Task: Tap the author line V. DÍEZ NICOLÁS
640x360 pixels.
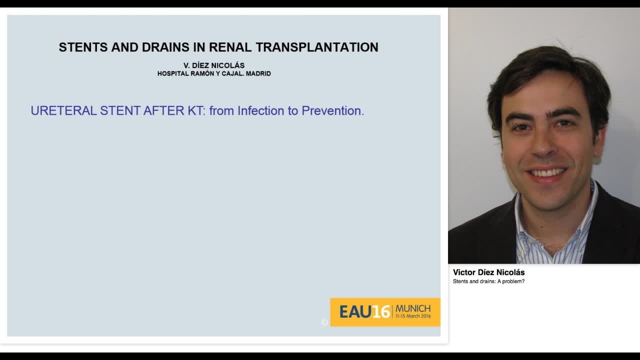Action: tap(214, 65)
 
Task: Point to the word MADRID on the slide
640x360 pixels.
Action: tap(258, 73)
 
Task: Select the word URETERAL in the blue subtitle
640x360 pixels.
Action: tap(63, 110)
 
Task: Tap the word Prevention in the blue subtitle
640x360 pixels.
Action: tap(332, 110)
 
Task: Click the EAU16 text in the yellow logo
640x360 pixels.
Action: tap(364, 312)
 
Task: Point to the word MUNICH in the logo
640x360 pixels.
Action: tap(413, 308)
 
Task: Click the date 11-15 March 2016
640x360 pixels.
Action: tap(413, 316)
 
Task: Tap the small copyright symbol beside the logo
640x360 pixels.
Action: tap(324, 322)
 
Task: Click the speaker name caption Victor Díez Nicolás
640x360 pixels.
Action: tap(488, 272)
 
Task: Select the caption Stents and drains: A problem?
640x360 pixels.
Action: tap(488, 281)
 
